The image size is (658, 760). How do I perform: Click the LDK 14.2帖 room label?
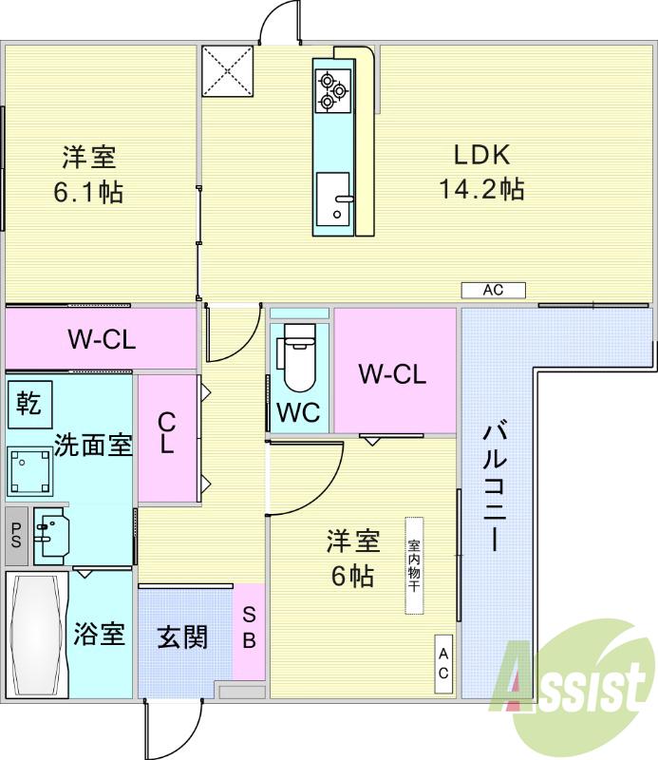[481, 172]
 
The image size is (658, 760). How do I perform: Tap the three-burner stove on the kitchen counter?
[331, 89]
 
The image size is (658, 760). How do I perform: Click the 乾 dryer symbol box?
[28, 403]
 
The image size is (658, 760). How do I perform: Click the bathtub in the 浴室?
[36, 634]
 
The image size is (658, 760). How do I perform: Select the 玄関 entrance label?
[181, 636]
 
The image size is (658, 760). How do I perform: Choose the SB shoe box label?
[249, 628]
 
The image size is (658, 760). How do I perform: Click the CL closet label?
[166, 432]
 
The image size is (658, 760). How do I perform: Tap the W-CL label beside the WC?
[391, 373]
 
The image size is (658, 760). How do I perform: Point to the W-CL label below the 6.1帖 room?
[101, 339]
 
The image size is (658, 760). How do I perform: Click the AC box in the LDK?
[493, 291]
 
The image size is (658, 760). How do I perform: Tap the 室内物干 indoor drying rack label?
[414, 566]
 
